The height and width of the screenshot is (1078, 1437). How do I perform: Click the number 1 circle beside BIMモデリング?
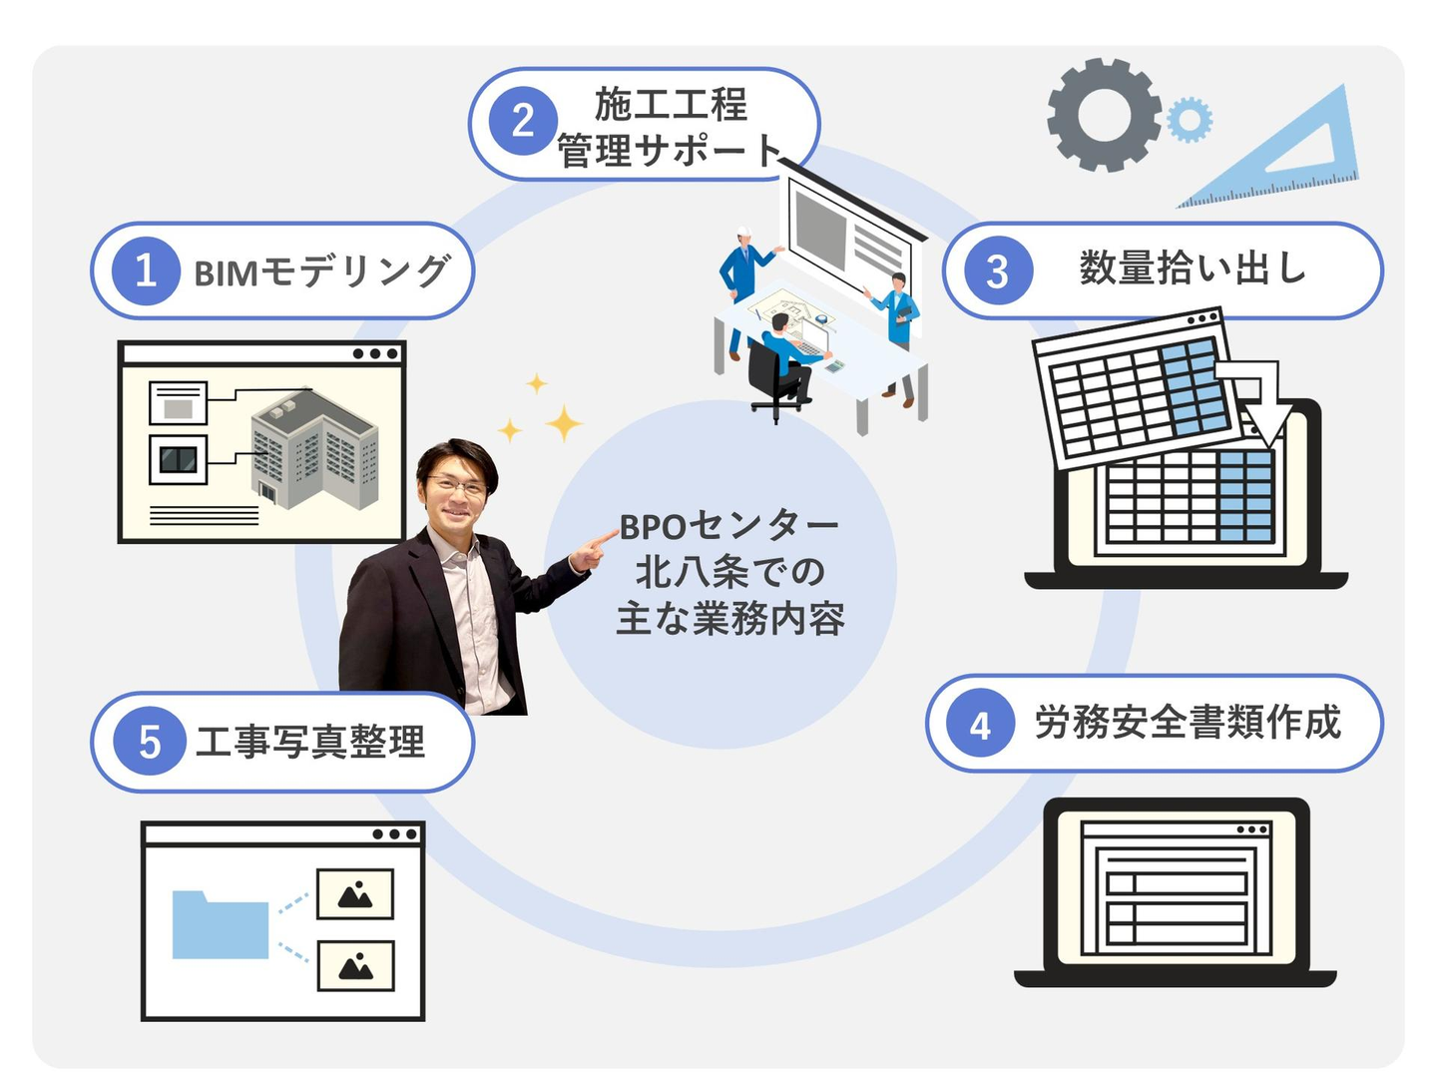tap(146, 270)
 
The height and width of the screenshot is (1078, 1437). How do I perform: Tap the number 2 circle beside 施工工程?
tap(523, 121)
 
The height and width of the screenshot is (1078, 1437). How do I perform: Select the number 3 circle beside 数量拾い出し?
tap(998, 270)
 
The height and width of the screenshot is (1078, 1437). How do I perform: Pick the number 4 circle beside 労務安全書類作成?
tap(980, 724)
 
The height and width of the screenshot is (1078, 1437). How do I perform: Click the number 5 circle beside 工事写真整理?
tap(150, 742)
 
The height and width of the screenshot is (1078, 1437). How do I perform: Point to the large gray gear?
tap(1104, 115)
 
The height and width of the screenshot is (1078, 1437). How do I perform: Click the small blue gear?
tap(1189, 120)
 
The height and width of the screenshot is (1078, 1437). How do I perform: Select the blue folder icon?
tap(220, 924)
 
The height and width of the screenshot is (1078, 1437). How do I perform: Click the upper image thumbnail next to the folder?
tap(355, 894)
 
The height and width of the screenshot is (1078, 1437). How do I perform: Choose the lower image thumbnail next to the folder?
tap(355, 966)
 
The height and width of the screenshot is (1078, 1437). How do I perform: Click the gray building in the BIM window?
tap(314, 448)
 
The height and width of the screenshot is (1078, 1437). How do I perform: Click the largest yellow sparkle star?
tap(564, 423)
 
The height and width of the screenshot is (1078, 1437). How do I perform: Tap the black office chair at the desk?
tap(772, 383)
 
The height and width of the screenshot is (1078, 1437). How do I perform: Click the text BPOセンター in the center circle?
tap(728, 526)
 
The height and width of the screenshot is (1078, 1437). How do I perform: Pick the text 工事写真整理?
tap(310, 743)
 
